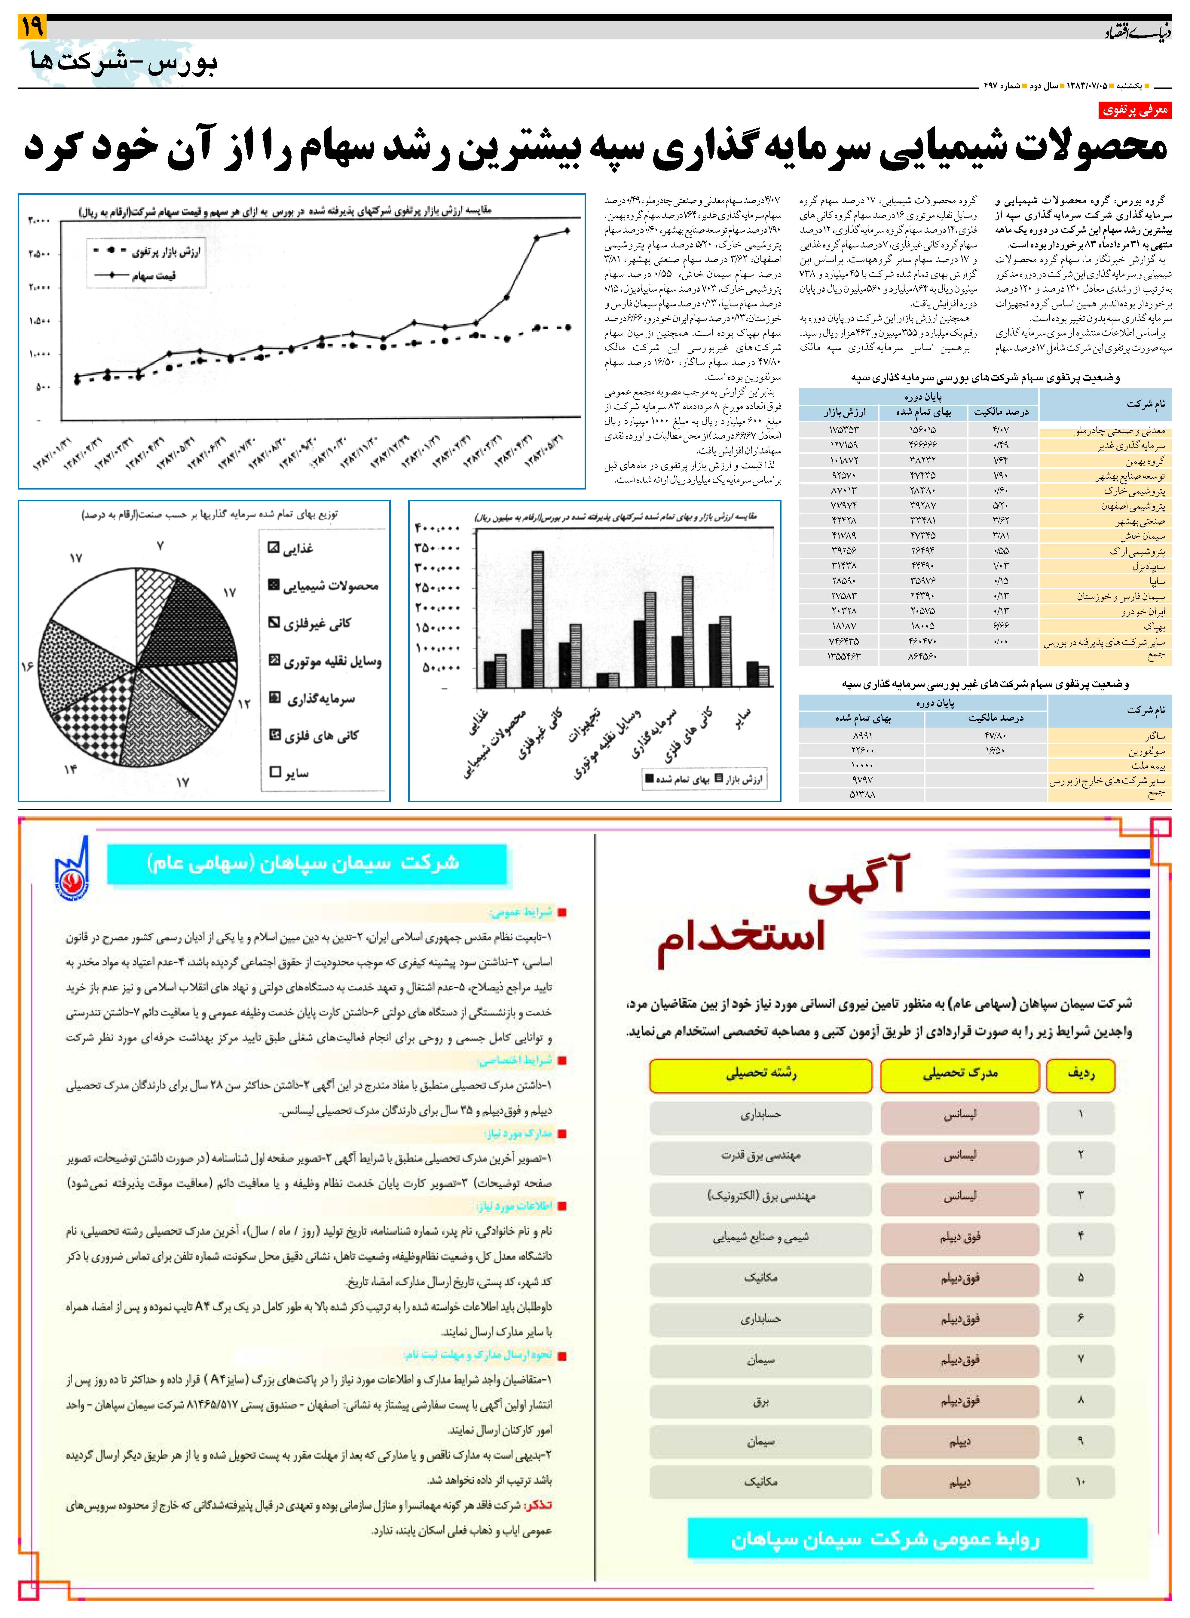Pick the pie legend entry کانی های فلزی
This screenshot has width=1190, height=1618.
coord(313,735)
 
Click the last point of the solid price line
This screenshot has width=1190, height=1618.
coord(567,231)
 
